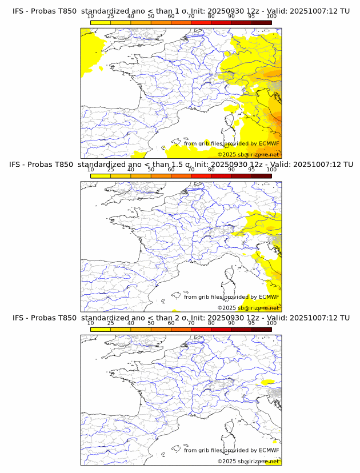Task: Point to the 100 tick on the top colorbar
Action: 271,16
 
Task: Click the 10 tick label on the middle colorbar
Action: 91,169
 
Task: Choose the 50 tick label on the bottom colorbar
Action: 151,323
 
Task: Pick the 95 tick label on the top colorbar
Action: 251,16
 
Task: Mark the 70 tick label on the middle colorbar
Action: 191,169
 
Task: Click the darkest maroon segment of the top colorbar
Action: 261,22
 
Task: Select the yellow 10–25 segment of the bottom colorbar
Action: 101,329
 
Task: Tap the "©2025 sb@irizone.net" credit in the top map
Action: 248,154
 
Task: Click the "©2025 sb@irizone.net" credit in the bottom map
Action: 248,461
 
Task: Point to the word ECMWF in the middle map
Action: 269,296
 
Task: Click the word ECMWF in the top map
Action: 269,143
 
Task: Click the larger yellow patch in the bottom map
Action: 267,381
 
